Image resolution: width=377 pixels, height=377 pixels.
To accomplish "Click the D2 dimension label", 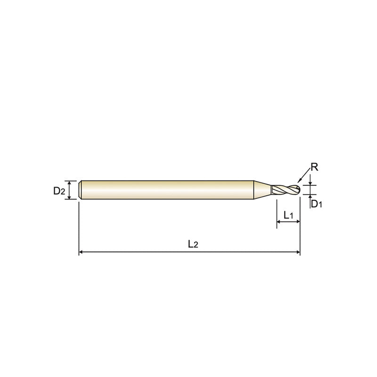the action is pos(59,191).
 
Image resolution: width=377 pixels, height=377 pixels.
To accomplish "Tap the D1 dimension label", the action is pos(316,204).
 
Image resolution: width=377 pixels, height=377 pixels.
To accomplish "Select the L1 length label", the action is pos(288,215).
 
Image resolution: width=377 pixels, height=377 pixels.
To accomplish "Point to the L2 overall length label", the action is pos(193,244).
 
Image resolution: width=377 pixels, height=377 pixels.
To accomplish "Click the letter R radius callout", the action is pos(314,167).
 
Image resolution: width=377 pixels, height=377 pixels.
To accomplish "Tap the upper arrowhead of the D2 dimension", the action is pos(69,182).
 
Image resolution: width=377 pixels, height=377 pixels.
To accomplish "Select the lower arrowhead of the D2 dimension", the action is pos(69,197).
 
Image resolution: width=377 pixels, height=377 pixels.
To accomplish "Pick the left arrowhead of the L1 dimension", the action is pos(279,221).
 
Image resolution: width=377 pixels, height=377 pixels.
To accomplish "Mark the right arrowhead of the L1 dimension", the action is pos(298,221).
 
